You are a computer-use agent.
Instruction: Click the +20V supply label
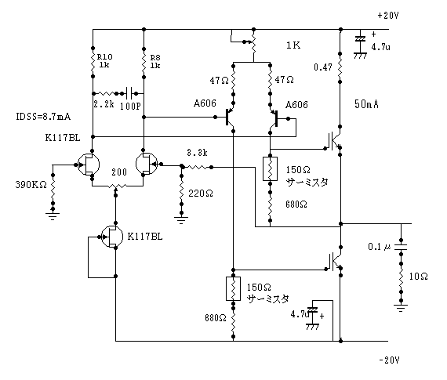pos(388,16)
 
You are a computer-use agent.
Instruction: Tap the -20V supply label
pos(389,360)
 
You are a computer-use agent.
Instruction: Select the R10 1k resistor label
pos(104,60)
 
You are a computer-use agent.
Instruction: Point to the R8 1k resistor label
pos(155,62)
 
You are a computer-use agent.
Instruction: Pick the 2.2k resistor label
pos(104,104)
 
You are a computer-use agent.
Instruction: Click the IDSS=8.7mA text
pos(43,117)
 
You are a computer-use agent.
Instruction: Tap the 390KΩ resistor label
pos(31,185)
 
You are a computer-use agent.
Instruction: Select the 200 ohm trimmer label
pos(119,172)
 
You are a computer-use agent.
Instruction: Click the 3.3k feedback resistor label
pos(197,153)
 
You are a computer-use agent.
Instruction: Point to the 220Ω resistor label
pos(201,194)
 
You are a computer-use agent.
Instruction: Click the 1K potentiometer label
pos(293,45)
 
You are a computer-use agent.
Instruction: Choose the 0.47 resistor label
pos(323,67)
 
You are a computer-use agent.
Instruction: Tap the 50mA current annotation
pos(366,104)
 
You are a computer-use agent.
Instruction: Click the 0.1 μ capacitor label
pos(379,246)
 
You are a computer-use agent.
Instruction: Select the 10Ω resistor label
pos(418,277)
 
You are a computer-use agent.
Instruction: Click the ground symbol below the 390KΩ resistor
pos(53,216)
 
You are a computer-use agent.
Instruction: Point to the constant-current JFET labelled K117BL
pos(111,237)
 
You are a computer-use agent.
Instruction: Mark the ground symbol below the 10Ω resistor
pos(401,309)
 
